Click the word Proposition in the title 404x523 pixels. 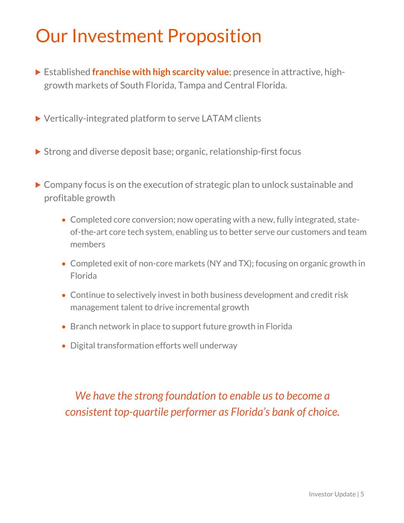(214, 36)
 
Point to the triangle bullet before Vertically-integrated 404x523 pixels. (38, 118)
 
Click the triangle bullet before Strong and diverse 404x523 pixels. (38, 152)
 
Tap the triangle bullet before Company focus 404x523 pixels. (38, 185)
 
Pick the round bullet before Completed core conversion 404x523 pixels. (64, 220)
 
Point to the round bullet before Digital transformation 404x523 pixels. (64, 346)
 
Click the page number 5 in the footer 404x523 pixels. (362, 494)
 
